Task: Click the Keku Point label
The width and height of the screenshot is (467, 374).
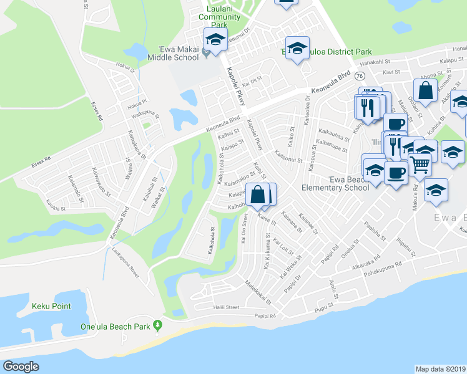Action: [51, 306]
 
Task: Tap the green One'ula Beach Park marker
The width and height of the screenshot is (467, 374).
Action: [158, 325]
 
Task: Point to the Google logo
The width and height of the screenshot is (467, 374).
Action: [21, 367]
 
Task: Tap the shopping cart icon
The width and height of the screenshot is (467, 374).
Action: [420, 165]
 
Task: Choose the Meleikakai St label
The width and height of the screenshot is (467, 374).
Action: [258, 292]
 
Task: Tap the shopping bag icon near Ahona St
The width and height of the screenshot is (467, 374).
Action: [425, 90]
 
